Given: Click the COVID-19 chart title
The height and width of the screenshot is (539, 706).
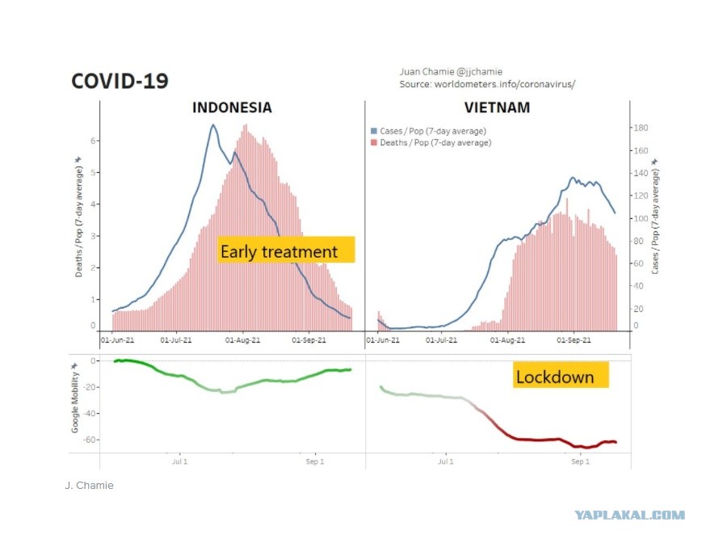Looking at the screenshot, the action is (x=120, y=82).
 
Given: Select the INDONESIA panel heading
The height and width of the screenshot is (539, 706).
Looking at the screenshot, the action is (x=232, y=107).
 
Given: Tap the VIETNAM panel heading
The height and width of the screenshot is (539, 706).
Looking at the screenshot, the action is (x=497, y=107).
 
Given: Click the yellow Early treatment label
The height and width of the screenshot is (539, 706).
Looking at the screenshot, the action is (x=286, y=250).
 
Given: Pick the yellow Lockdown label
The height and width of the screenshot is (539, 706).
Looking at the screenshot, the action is (x=561, y=375).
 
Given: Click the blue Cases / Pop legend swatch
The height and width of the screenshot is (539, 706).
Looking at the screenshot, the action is (x=374, y=131).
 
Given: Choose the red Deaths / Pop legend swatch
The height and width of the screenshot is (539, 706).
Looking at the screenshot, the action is (x=374, y=143).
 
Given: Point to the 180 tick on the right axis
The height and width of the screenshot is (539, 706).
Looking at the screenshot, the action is (x=641, y=128).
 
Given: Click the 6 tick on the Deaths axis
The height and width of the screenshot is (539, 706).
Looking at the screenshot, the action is (x=93, y=141).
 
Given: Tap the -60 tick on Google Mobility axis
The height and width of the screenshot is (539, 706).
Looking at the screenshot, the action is (x=90, y=440).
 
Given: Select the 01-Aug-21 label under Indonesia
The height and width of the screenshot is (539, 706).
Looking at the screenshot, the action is (x=242, y=340).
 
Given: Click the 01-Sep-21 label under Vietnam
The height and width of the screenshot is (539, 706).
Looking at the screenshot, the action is (x=574, y=340).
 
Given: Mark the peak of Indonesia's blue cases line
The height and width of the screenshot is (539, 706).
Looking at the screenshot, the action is (x=213, y=124).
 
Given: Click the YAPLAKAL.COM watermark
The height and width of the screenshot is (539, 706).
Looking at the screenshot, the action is (x=629, y=515).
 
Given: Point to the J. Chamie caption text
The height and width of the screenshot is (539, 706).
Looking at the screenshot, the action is (x=89, y=486).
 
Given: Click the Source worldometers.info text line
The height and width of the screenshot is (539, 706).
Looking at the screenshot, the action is (x=487, y=84).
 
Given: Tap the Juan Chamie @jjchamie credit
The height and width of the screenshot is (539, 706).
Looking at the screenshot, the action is (x=451, y=72).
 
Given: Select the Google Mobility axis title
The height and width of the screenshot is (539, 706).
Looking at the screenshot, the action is (x=75, y=398).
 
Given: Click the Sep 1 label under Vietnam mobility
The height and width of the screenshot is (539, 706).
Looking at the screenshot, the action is (x=580, y=461).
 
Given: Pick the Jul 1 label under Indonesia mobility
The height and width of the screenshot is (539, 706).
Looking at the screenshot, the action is (x=179, y=461).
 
